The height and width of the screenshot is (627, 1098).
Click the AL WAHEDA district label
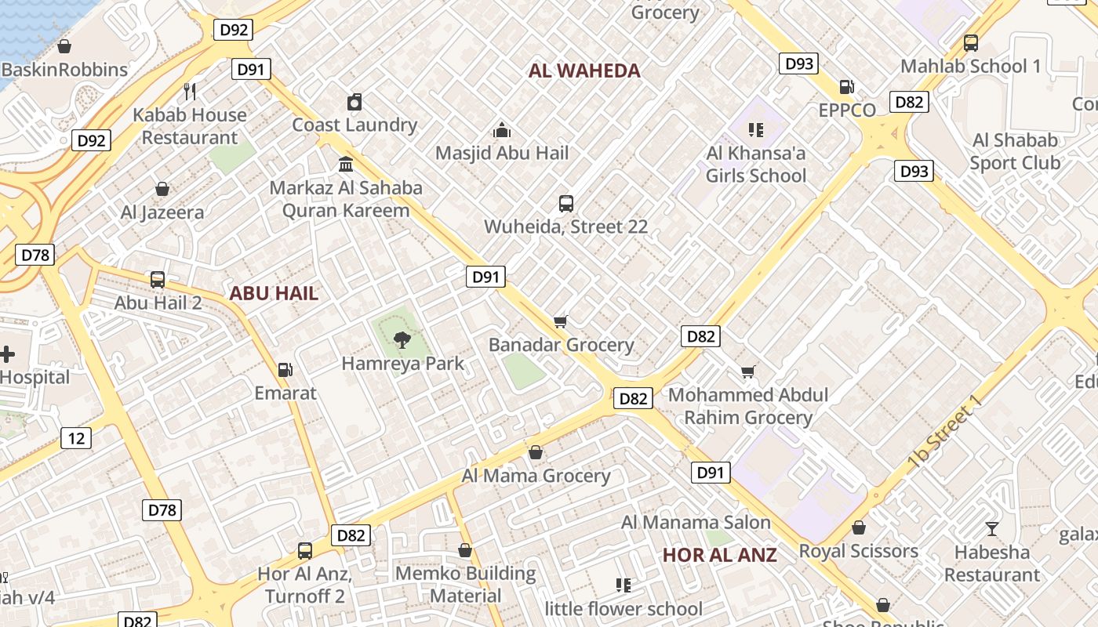click(x=584, y=71)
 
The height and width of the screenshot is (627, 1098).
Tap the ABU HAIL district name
click(x=274, y=294)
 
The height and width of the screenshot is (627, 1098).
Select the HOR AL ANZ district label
click(x=719, y=555)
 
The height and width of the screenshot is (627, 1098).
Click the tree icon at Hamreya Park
click(x=402, y=339)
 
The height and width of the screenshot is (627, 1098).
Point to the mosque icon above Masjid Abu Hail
click(x=502, y=129)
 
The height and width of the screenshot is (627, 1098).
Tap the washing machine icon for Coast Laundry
click(x=354, y=102)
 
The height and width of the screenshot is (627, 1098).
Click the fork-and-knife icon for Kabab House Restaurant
click(x=189, y=91)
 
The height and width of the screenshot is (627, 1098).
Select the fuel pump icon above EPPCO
click(x=846, y=86)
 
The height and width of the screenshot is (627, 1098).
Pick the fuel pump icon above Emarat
click(x=285, y=369)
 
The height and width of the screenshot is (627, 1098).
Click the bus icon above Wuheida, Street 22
click(x=566, y=204)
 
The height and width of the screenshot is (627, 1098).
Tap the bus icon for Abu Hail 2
click(x=158, y=279)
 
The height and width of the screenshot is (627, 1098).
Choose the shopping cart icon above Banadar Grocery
click(x=561, y=321)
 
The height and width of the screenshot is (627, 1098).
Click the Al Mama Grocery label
click(x=536, y=476)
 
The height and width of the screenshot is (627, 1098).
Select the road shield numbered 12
click(x=76, y=437)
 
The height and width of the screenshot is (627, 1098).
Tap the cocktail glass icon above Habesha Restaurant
click(x=992, y=529)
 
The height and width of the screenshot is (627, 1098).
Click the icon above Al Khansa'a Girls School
click(x=756, y=129)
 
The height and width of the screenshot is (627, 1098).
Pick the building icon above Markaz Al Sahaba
click(x=345, y=165)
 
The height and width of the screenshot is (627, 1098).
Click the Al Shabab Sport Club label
click(x=1015, y=151)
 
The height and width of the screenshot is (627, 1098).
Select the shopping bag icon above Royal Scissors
click(x=859, y=527)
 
